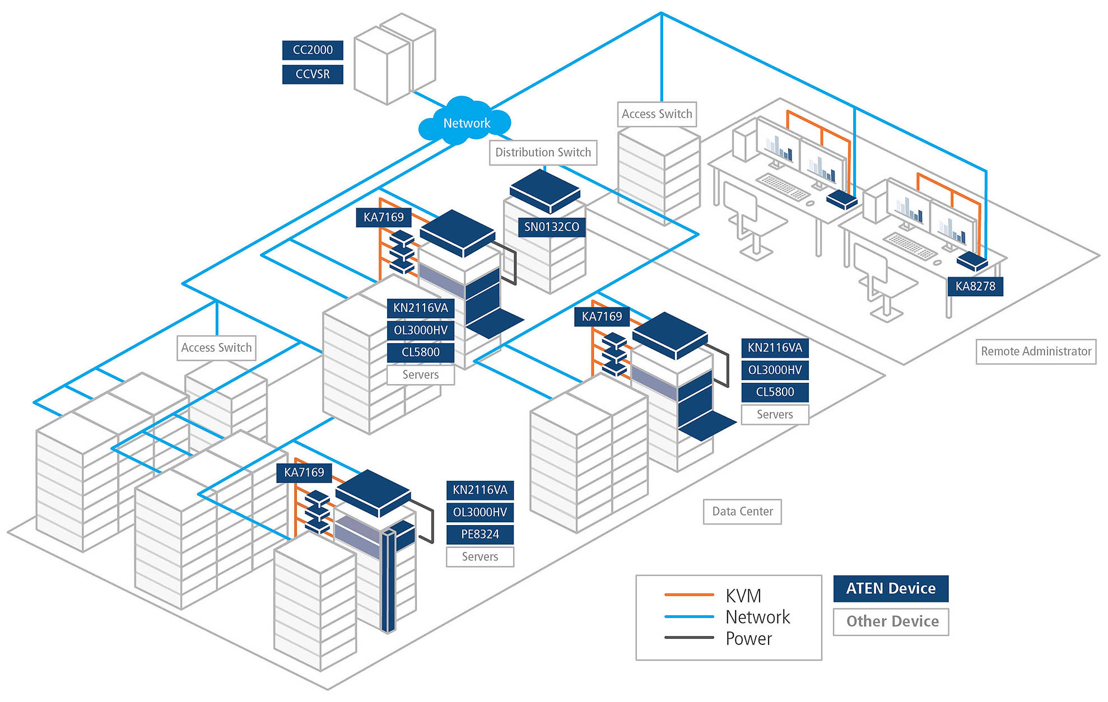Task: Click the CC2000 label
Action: pos(313,50)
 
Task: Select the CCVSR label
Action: pos(313,74)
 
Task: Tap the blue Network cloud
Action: pos(465,123)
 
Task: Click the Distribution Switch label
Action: pos(543,152)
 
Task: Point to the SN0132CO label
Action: pos(551,227)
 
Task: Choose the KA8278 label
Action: pos(975,286)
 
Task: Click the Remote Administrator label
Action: pos(1036,352)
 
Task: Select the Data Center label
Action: pos(742,511)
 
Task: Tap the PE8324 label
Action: pos(479,534)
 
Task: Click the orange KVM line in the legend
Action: pos(688,595)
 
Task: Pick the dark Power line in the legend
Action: pos(688,638)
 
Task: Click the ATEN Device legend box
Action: pos(891,588)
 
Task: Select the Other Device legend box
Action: pos(891,621)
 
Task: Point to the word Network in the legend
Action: pos(757,617)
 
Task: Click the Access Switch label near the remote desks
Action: pos(657,114)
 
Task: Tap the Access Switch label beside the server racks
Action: pos(216,348)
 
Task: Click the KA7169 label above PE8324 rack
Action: pos(304,472)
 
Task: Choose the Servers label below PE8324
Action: pos(479,556)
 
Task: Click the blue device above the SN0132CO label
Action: pos(544,190)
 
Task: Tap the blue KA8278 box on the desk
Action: pos(972,261)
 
